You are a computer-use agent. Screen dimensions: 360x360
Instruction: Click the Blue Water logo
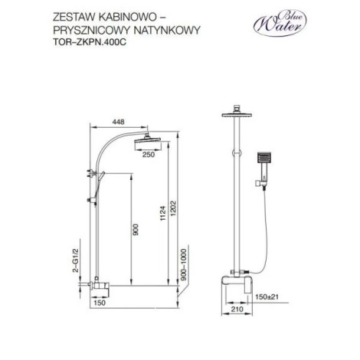280,23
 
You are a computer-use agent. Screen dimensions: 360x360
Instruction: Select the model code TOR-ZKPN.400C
90,42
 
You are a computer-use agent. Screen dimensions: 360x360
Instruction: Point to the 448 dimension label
118,122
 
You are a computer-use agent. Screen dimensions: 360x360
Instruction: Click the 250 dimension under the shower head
149,155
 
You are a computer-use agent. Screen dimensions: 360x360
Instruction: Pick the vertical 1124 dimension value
163,214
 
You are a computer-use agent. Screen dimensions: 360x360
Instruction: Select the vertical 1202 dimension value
174,208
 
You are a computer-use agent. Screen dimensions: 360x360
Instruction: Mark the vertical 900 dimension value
136,230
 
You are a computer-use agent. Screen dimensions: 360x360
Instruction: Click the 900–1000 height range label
184,265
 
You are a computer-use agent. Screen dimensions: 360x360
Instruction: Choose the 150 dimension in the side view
100,303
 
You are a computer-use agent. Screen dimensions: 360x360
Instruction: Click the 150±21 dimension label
267,297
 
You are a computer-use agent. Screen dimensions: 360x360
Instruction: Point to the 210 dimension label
237,309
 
